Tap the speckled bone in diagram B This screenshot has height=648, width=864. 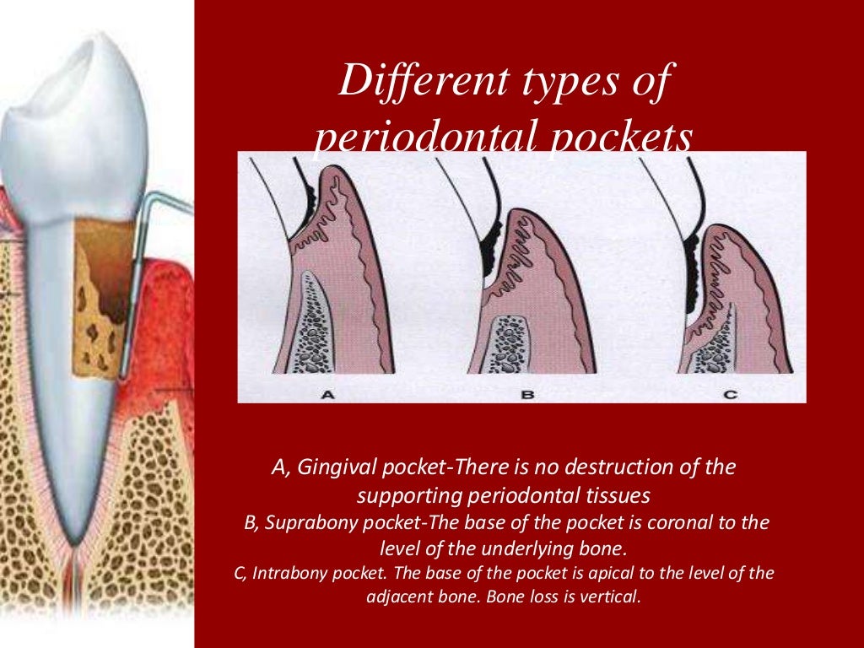[509, 342]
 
